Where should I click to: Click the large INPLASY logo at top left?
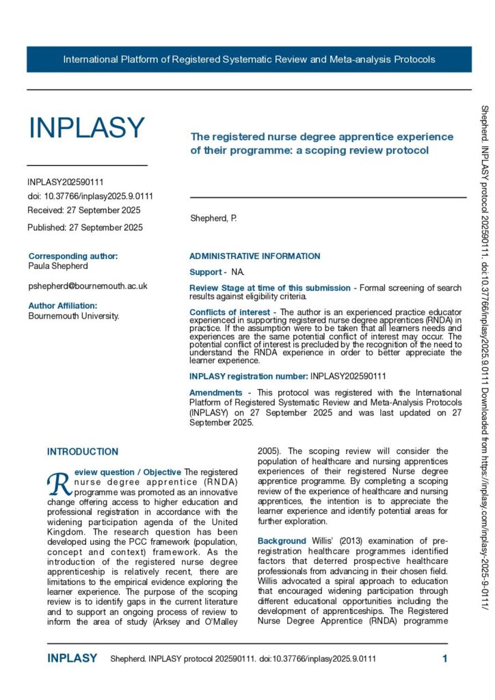pyautogui.click(x=86, y=128)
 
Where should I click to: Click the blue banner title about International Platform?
pyautogui.click(x=249, y=59)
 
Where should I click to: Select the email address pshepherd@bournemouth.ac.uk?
pyautogui.click(x=88, y=286)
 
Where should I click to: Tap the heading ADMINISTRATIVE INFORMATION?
pyautogui.click(x=254, y=256)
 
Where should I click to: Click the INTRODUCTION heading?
pyautogui.click(x=82, y=452)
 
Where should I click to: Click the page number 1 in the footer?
pyautogui.click(x=445, y=659)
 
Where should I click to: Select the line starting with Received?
pyautogui.click(x=83, y=210)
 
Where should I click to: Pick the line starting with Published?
pyautogui.click(x=85, y=227)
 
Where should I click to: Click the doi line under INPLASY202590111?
pyautogui.click(x=90, y=196)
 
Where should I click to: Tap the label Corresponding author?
pyautogui.click(x=73, y=256)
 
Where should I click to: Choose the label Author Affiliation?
pyautogui.click(x=63, y=306)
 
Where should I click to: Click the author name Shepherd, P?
pyautogui.click(x=213, y=218)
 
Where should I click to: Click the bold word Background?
pyautogui.click(x=282, y=541)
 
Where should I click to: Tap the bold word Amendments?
pyautogui.click(x=215, y=392)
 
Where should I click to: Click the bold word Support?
pyautogui.click(x=205, y=272)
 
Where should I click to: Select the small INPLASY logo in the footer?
pyautogui.click(x=72, y=659)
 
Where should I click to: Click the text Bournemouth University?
pyautogui.click(x=74, y=316)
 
